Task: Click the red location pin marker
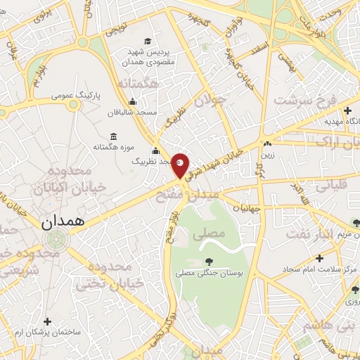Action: tap(180, 164)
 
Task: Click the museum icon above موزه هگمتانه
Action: tap(113, 136)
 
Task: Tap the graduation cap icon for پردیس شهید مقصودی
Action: tap(147, 41)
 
